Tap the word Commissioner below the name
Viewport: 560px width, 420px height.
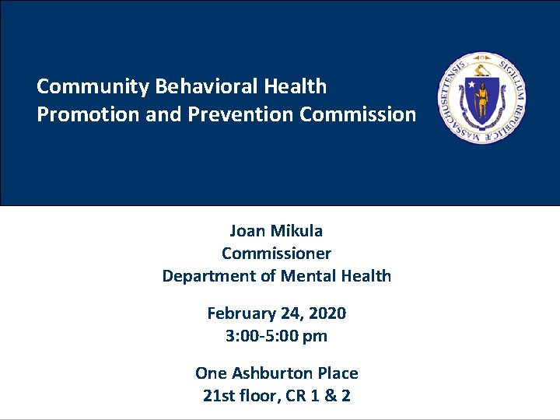tap(276, 254)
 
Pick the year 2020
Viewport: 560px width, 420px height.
tap(327, 313)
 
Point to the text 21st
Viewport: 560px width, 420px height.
tap(216, 396)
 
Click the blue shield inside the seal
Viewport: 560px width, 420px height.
tap(481, 98)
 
